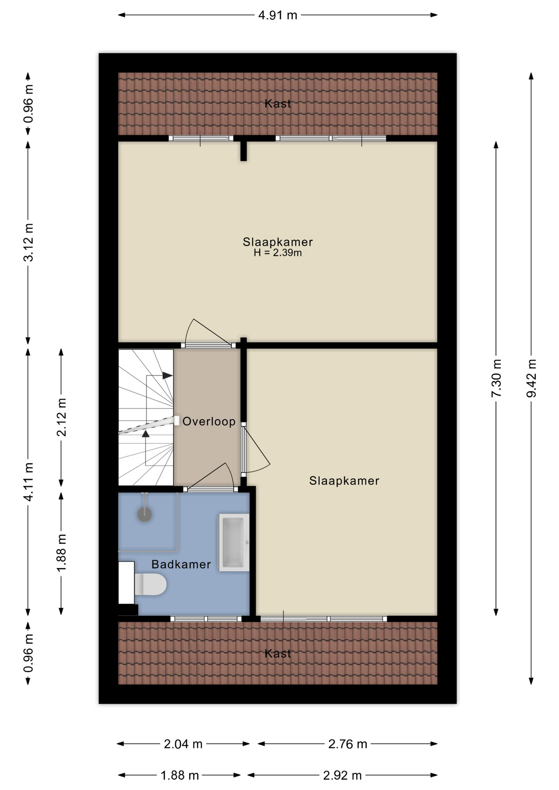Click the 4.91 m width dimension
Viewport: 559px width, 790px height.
click(277, 15)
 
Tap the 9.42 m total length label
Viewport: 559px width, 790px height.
click(531, 378)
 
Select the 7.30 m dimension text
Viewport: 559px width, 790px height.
click(496, 378)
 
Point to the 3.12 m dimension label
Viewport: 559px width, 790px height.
click(28, 242)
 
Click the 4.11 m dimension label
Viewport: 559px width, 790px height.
click(28, 481)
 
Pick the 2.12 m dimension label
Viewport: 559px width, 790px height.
click(61, 417)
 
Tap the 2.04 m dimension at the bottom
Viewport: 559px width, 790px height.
click(183, 744)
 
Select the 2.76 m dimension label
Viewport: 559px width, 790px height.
click(347, 744)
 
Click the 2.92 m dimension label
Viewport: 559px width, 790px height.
click(342, 776)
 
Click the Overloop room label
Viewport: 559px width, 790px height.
click(209, 421)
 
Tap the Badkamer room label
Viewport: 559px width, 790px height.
click(181, 564)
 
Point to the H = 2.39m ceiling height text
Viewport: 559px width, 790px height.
click(277, 253)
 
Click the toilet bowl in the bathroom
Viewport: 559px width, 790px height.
click(150, 584)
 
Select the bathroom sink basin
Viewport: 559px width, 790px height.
click(234, 542)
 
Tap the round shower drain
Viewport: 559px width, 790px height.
click(144, 514)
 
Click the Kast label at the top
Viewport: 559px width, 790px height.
click(277, 104)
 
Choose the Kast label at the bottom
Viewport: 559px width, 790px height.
click(277, 653)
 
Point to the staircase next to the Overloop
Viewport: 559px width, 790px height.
click(146, 417)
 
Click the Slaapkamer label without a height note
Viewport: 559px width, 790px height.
click(344, 481)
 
